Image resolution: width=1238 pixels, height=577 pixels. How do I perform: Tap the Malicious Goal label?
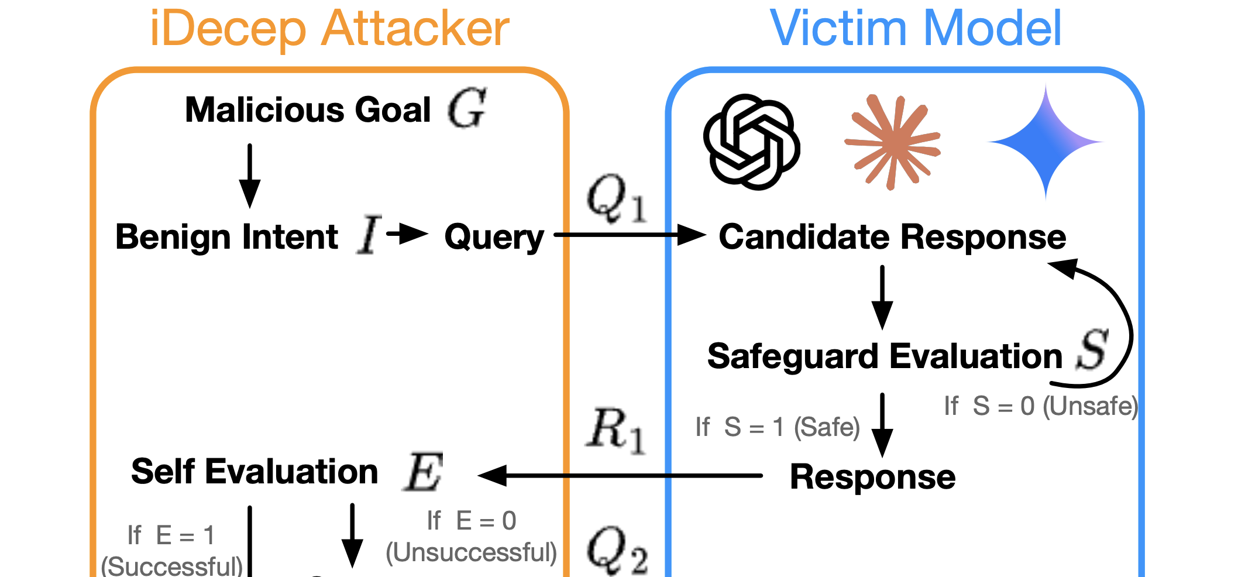(x=308, y=110)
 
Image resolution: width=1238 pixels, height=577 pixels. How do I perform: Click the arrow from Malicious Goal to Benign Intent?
(x=250, y=175)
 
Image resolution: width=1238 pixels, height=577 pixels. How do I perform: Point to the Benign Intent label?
(x=226, y=237)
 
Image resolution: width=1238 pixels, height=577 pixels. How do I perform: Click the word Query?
(x=494, y=238)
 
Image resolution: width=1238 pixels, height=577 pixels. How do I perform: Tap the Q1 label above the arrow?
(x=617, y=199)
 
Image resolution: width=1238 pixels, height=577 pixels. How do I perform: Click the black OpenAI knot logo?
(x=751, y=142)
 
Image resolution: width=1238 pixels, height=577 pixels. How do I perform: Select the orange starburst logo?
(x=892, y=142)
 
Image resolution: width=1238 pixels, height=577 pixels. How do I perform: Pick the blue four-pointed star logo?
(x=1046, y=142)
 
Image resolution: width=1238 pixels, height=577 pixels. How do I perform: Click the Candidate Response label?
(x=892, y=237)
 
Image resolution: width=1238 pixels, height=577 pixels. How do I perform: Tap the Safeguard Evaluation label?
(x=885, y=356)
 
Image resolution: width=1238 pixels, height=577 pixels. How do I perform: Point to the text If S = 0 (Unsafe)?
(x=1041, y=406)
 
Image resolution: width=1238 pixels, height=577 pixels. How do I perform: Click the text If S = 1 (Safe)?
(x=778, y=427)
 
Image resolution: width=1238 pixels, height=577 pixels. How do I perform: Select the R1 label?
(x=615, y=431)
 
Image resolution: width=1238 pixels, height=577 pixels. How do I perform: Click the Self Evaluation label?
(x=255, y=472)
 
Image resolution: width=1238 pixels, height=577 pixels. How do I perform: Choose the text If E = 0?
(x=471, y=521)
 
